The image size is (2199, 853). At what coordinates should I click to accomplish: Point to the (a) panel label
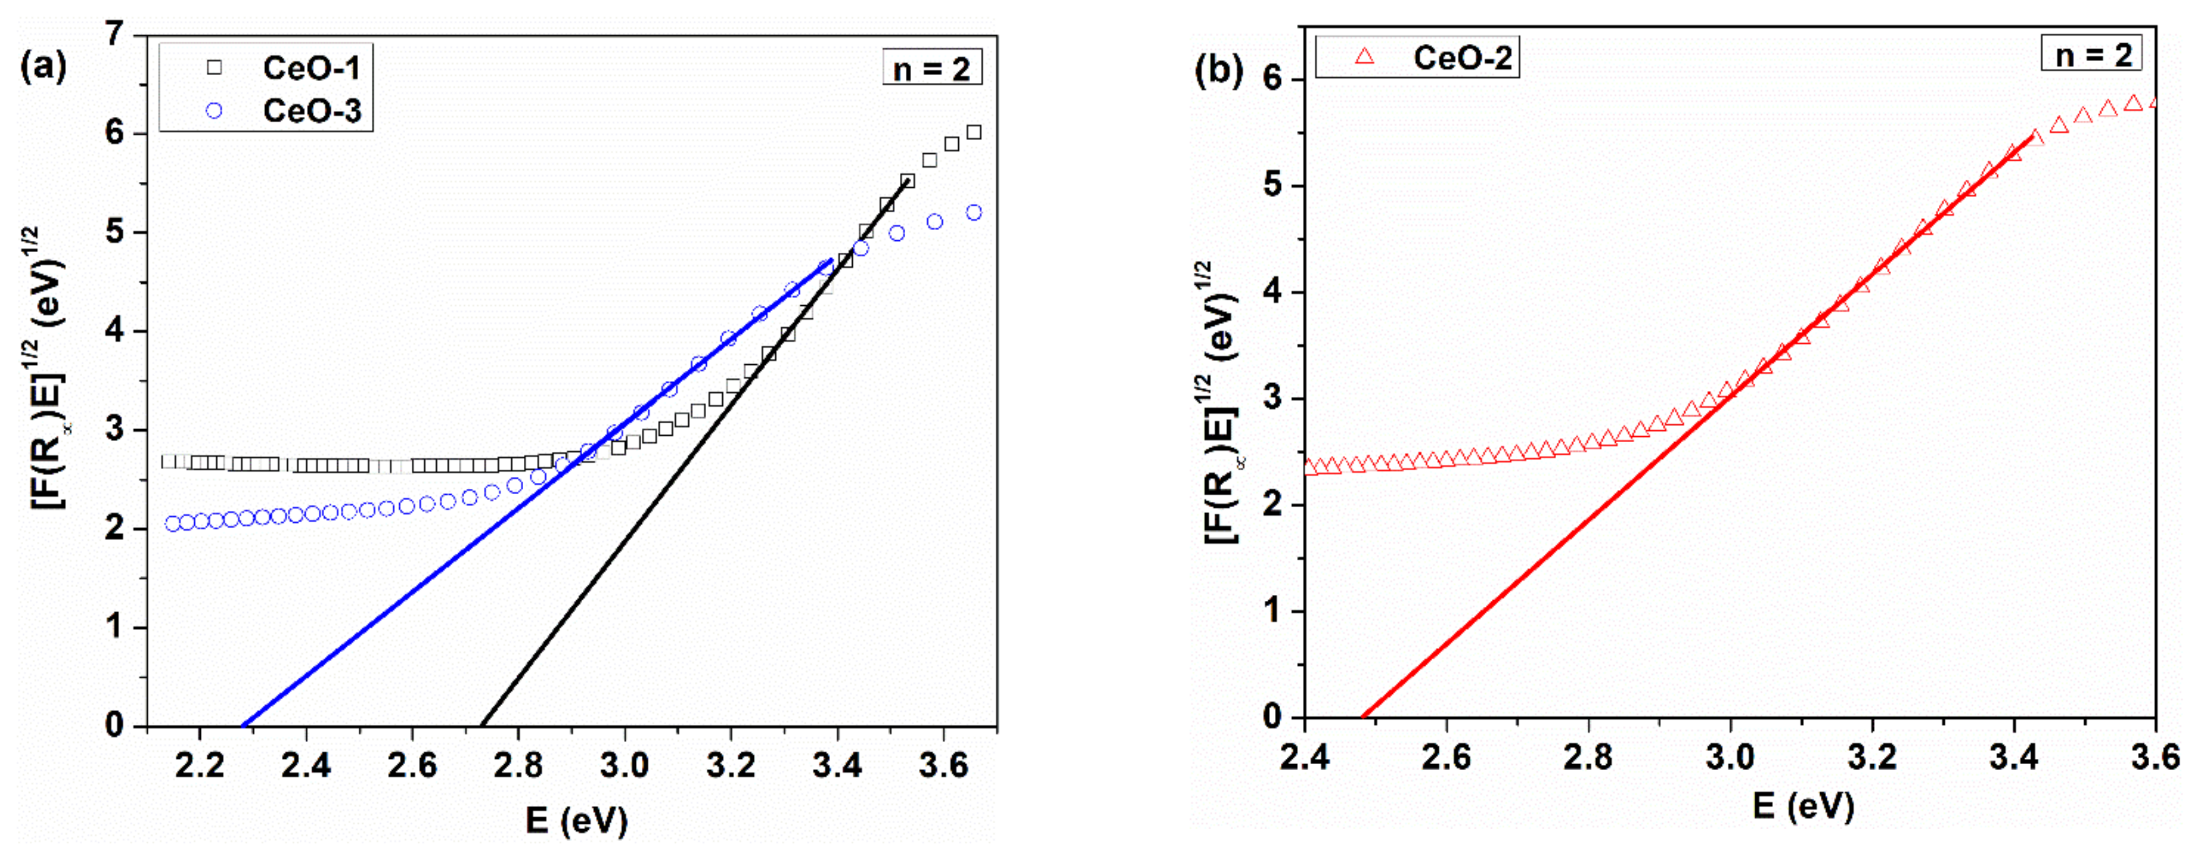point(43,65)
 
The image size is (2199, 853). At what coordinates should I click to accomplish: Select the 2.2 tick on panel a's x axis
point(199,766)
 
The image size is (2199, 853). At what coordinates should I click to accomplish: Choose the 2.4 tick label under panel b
point(1305,757)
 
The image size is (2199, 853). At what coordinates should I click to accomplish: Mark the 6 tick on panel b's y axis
point(1274,80)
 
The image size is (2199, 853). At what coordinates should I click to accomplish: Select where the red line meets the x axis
point(1362,717)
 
